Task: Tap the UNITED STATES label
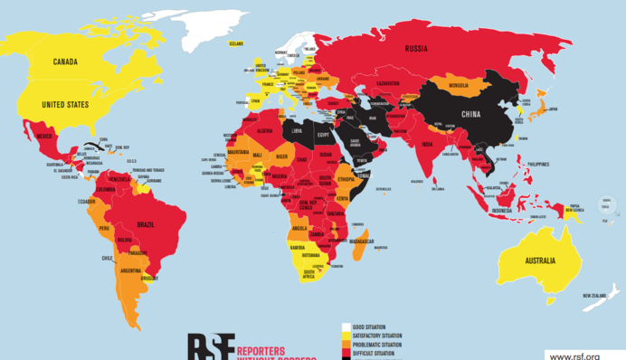pos(65,105)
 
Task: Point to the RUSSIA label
pos(416,48)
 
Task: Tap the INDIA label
pos(426,144)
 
